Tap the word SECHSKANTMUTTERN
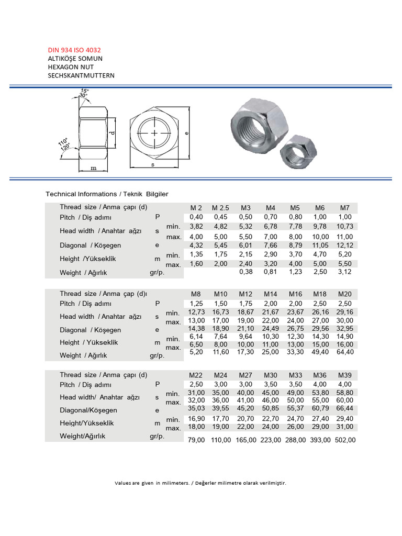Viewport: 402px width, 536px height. tap(81, 75)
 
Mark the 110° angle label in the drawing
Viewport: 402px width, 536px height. tap(62, 142)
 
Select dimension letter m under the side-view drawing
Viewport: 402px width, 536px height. tap(94, 168)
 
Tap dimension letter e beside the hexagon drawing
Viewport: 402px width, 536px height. tap(186, 133)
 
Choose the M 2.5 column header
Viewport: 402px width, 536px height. tap(221, 208)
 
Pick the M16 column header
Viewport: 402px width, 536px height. tap(295, 294)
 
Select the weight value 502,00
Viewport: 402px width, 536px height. tap(345, 440)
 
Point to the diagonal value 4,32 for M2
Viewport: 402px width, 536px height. tap(196, 245)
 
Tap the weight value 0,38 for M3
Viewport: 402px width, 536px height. tap(245, 272)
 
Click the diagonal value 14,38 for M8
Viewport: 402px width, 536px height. tap(196, 329)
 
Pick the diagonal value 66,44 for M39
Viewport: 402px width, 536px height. tap(345, 410)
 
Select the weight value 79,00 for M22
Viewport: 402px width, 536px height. tap(196, 440)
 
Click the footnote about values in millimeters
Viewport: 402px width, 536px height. tap(200, 483)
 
